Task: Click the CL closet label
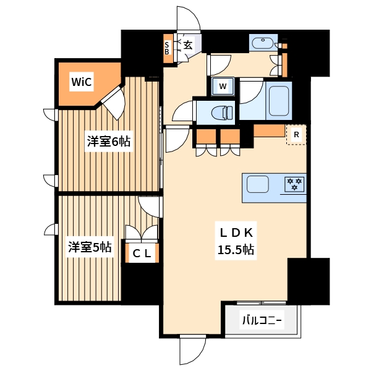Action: (x=142, y=252)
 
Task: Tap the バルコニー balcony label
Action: (x=262, y=321)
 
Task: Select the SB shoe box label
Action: (x=167, y=48)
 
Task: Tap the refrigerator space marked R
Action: (x=297, y=134)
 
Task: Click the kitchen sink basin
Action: (x=258, y=184)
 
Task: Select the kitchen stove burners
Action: (x=294, y=184)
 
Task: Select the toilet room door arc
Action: (x=183, y=111)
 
